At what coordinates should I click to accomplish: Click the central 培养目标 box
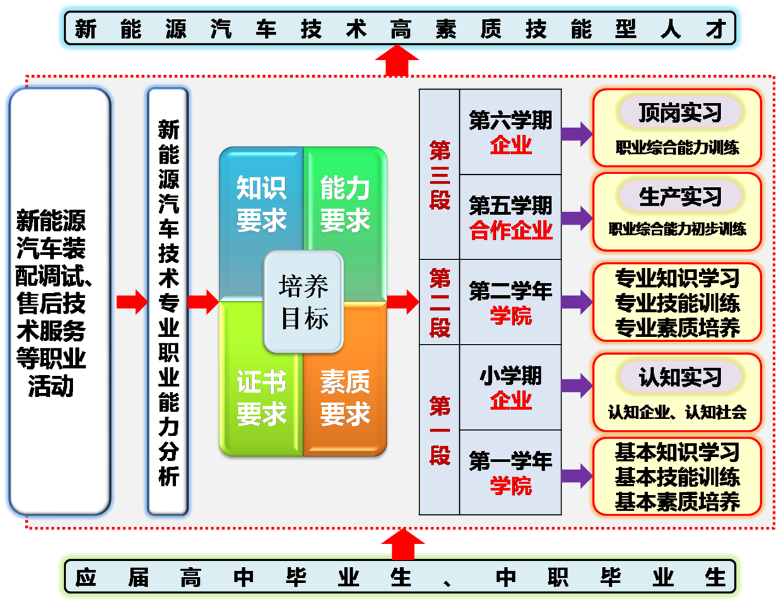click(x=303, y=302)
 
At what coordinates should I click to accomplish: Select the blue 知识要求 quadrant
click(x=261, y=203)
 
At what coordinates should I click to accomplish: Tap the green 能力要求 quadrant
click(x=344, y=203)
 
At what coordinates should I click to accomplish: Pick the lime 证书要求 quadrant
click(x=261, y=398)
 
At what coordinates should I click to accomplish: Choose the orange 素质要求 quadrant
click(x=344, y=398)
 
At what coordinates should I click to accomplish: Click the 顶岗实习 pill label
click(x=679, y=113)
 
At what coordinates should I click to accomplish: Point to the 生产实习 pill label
click(x=679, y=197)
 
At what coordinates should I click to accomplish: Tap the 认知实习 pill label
click(x=679, y=377)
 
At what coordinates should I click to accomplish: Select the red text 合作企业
click(x=510, y=230)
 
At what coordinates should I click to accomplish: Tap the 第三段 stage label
click(x=440, y=175)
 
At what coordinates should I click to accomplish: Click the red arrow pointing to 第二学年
click(x=403, y=302)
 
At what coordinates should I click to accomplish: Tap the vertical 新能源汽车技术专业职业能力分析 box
click(x=168, y=302)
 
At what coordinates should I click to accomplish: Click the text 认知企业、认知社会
click(x=677, y=412)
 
